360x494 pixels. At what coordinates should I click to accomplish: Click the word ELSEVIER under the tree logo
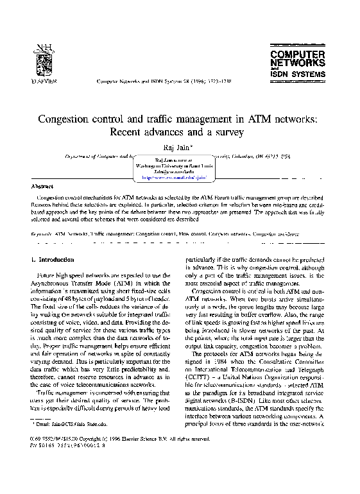[x=44, y=83]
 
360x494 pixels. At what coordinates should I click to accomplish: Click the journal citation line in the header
[x=170, y=83]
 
